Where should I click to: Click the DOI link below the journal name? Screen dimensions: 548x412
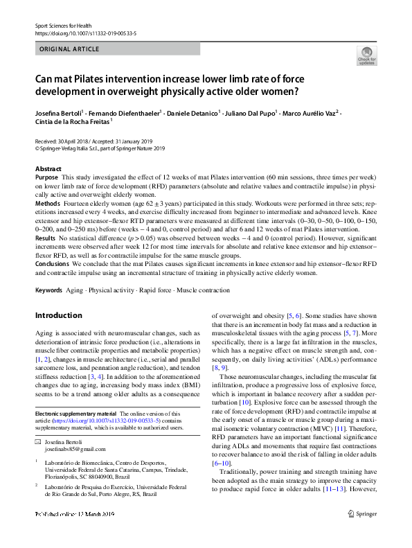(86, 32)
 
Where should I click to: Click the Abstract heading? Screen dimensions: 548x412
(48, 169)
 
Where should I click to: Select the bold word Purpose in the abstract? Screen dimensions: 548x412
(46, 178)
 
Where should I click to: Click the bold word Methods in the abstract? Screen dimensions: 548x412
(47, 204)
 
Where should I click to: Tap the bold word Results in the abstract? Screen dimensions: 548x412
(46, 238)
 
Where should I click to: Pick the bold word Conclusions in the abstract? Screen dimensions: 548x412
(52, 263)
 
